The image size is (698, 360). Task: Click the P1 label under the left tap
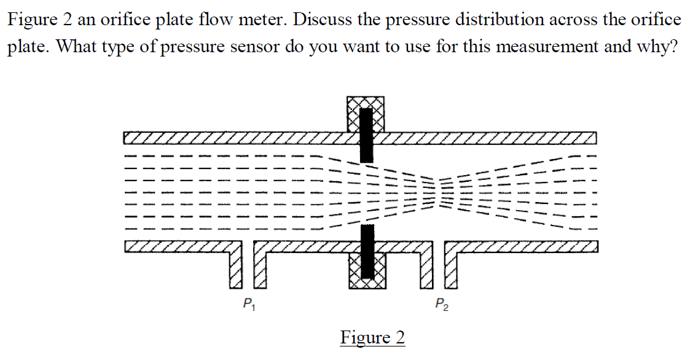248,303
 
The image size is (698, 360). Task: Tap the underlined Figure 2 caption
372,337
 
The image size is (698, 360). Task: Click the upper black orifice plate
366,135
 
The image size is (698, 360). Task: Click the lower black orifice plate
367,251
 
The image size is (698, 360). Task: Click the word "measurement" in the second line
546,47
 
